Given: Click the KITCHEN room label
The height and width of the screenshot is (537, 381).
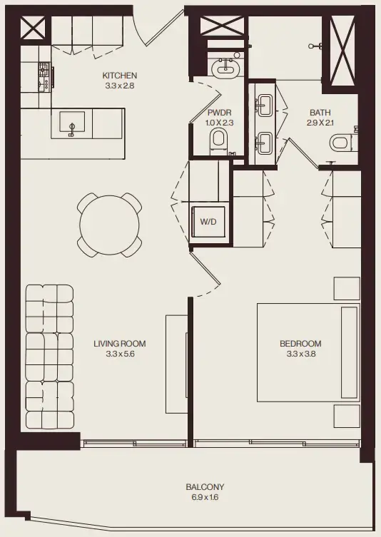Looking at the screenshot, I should coord(119,76).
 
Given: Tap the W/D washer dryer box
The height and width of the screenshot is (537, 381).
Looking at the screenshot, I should coord(208,223).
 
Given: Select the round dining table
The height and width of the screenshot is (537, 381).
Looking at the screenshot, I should coord(109,225).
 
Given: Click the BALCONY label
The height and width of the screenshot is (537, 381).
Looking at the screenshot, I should coord(199,487).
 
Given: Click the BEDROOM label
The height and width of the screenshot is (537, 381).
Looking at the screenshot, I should coord(300,343).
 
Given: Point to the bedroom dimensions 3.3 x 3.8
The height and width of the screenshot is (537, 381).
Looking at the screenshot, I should coord(300,354).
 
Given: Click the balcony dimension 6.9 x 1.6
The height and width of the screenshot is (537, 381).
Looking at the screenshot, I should coord(199,498).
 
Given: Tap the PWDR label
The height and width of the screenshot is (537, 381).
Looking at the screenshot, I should coord(218,113).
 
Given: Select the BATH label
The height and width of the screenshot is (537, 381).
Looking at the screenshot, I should coord(320,113).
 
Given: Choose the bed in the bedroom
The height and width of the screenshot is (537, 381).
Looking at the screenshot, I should coord(308,354).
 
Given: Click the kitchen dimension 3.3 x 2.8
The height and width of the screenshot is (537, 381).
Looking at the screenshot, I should coord(119,86).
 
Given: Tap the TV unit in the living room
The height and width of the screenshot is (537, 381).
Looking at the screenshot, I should coord(176,363).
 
